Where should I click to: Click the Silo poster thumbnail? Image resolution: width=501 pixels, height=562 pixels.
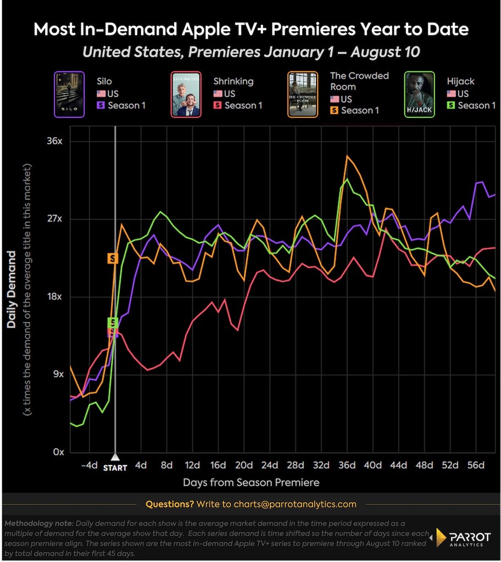[69, 94]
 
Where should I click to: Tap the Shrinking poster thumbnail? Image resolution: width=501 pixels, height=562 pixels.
[186, 94]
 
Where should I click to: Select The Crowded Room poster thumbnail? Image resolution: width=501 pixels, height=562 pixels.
[303, 94]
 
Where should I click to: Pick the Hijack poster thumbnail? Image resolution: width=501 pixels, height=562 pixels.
[419, 94]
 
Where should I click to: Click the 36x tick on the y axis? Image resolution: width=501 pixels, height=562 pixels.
[54, 141]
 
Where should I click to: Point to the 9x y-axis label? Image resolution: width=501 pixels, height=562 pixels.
[58, 374]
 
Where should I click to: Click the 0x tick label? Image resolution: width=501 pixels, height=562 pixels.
[58, 452]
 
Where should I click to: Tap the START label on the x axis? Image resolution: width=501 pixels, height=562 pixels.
[115, 468]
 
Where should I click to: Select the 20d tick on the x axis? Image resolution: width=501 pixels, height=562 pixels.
[244, 465]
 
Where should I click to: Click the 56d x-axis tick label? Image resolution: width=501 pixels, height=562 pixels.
[476, 465]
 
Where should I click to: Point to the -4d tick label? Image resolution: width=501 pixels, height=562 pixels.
[90, 465]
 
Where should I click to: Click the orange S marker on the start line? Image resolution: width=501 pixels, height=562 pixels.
[113, 258]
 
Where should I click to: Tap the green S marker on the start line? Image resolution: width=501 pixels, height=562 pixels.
[113, 322]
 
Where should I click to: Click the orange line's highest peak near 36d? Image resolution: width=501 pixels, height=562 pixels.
[347, 156]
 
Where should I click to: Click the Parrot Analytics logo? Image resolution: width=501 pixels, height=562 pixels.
[463, 538]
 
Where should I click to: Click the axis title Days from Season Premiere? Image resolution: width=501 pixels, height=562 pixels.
[251, 482]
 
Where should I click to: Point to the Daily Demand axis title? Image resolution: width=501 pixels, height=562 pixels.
[12, 290]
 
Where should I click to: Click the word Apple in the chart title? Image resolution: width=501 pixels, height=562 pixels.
[205, 30]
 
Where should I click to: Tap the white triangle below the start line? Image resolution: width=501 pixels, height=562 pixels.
[115, 457]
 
